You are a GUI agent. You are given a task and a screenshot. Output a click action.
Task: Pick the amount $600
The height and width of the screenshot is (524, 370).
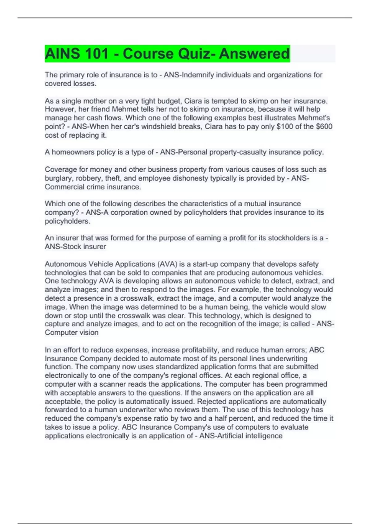click(324, 126)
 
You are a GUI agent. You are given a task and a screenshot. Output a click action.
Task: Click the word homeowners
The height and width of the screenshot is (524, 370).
click(71, 152)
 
